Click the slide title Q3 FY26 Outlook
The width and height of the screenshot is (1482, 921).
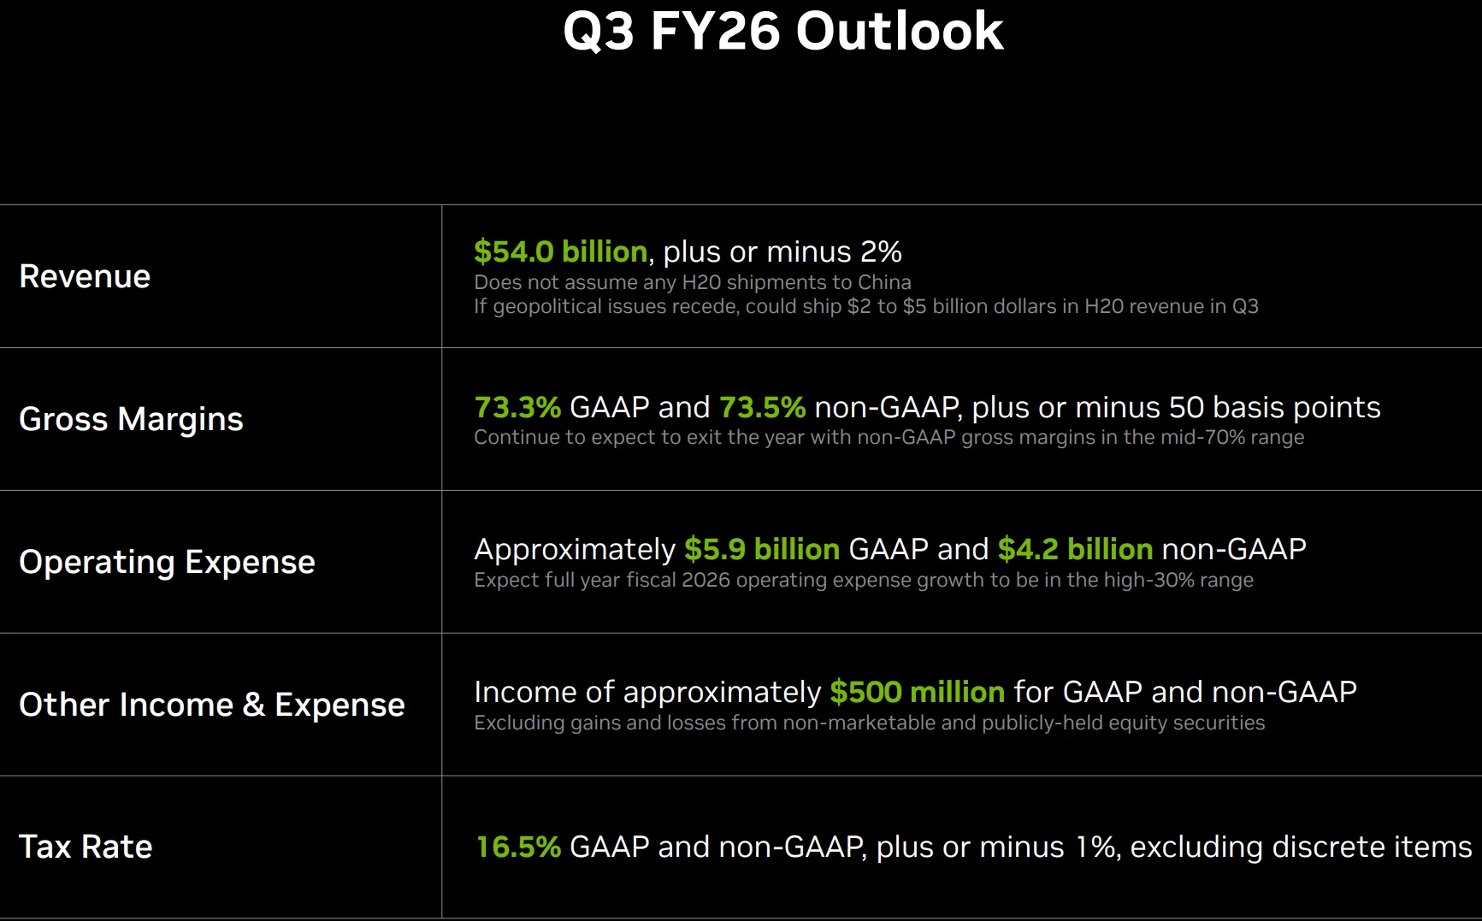(782, 32)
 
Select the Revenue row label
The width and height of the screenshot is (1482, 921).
(85, 276)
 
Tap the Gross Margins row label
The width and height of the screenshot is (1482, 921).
(131, 419)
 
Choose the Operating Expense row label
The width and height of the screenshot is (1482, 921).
(167, 562)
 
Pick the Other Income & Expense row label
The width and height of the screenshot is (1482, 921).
(211, 705)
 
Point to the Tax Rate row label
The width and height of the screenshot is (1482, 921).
(86, 847)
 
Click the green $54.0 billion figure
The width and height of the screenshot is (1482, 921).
(560, 251)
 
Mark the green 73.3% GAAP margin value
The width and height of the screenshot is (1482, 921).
(517, 407)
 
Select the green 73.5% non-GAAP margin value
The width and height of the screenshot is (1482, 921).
(761, 407)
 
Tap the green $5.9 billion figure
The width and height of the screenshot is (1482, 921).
(761, 549)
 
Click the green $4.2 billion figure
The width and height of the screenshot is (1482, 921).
(1075, 549)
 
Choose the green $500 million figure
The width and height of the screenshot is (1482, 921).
(917, 692)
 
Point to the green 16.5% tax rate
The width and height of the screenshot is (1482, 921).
(517, 847)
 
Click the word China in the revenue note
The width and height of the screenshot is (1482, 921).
(883, 282)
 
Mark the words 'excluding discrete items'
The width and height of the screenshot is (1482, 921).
(1301, 847)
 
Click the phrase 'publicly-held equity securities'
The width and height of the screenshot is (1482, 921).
(1123, 723)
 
